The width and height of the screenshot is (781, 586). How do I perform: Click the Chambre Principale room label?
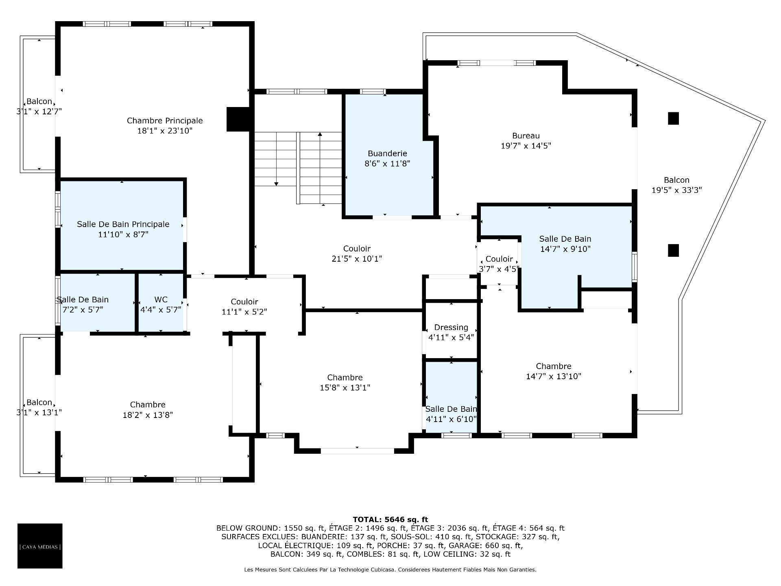(x=165, y=120)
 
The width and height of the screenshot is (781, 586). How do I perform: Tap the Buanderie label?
(x=387, y=153)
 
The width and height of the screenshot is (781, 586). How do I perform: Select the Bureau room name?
(x=526, y=136)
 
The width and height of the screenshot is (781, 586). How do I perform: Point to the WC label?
(x=161, y=300)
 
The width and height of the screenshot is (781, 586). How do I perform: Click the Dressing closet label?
(x=451, y=328)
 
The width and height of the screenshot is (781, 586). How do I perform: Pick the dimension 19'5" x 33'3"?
(x=677, y=190)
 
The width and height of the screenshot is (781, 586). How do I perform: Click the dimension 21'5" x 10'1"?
(x=357, y=259)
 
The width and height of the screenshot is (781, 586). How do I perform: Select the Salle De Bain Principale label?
(x=123, y=224)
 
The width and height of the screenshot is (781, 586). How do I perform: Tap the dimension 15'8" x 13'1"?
(x=345, y=388)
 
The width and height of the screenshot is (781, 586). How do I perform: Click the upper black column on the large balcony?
(x=674, y=118)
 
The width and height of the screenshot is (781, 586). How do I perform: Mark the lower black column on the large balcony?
(x=674, y=250)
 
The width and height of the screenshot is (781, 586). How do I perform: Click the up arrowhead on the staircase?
(x=320, y=134)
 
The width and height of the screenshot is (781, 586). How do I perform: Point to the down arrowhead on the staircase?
(x=276, y=184)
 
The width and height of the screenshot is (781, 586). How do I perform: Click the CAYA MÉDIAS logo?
(x=40, y=546)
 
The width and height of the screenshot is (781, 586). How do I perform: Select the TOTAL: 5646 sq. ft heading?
(x=390, y=519)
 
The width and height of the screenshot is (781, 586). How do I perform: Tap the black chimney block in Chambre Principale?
(x=238, y=119)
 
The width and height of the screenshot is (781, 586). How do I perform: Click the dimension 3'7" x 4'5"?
(x=499, y=269)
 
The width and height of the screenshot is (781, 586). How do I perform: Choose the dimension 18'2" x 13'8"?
(x=148, y=415)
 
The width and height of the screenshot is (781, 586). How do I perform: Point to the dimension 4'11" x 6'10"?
(x=451, y=419)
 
